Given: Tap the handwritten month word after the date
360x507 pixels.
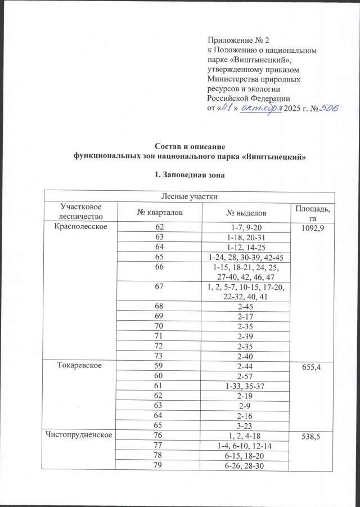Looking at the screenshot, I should coord(260,108).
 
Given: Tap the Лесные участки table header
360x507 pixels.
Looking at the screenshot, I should coord(186,196).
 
